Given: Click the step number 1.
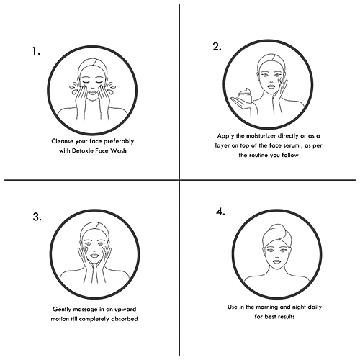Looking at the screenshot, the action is click(36, 51).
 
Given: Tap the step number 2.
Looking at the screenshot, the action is click(217, 46).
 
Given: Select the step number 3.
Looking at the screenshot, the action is click(37, 217).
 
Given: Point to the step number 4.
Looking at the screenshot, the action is click(220, 212).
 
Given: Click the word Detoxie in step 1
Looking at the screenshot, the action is click(83, 150).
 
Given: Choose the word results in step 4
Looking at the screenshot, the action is click(285, 317).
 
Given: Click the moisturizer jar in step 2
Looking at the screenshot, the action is click(246, 95).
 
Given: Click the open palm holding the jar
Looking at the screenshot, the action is click(240, 103).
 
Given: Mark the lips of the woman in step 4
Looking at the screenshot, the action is click(277, 261).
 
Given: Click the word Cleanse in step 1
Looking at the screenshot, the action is click(62, 141).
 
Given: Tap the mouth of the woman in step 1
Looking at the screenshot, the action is click(93, 91).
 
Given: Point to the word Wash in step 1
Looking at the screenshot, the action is click(118, 150).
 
